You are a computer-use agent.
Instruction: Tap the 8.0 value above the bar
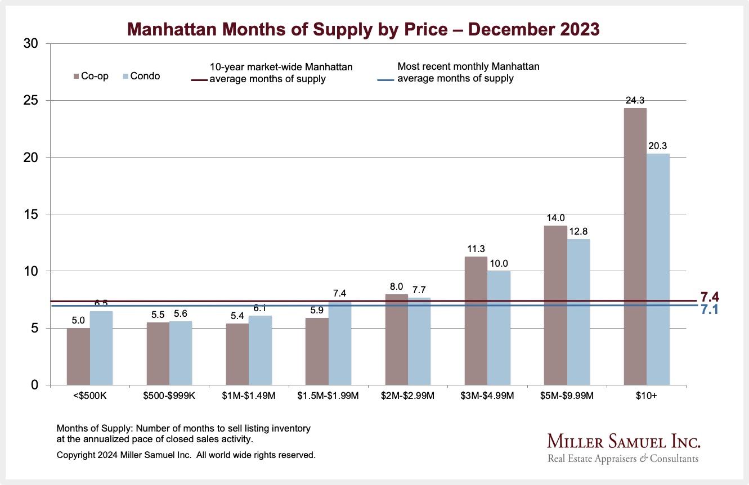click(396, 287)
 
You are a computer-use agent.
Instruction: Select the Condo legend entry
click(141, 76)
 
